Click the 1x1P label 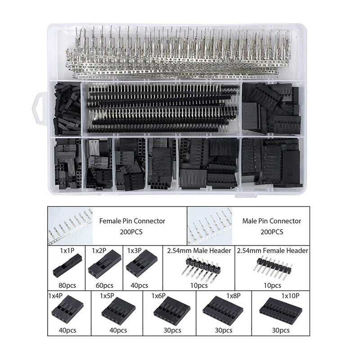(x=67, y=251)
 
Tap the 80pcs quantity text (x=67, y=285)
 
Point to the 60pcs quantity (x=104, y=285)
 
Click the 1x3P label (x=134, y=251)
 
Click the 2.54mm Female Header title (x=273, y=251)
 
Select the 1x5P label (x=107, y=296)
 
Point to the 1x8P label (x=234, y=296)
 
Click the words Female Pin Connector (x=132, y=221)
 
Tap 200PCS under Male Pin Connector (x=272, y=232)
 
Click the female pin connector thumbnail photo (x=71, y=226)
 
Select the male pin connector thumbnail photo (x=210, y=226)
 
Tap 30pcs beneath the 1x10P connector (x=281, y=330)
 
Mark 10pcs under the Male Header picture (x=199, y=285)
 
